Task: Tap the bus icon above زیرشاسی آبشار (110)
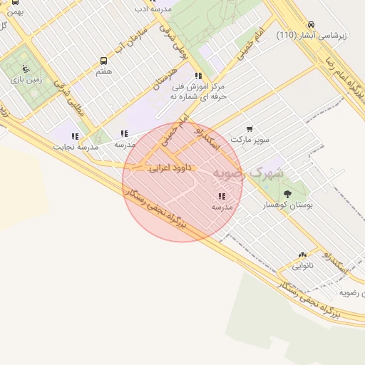pos(312,24)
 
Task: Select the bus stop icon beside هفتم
pos(104,61)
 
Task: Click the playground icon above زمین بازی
pos(26,69)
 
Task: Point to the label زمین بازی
pos(26,81)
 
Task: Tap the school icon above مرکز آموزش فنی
pos(197,76)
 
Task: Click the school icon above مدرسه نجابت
pos(75,136)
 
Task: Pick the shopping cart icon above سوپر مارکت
pos(250,129)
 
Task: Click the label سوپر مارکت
pos(250,140)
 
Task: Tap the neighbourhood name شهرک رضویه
pos(253,173)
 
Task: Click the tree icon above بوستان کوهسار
pos(287,193)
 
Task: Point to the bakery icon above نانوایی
pos(302,255)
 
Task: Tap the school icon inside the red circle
pos(222,196)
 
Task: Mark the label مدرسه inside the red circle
pos(222,207)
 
